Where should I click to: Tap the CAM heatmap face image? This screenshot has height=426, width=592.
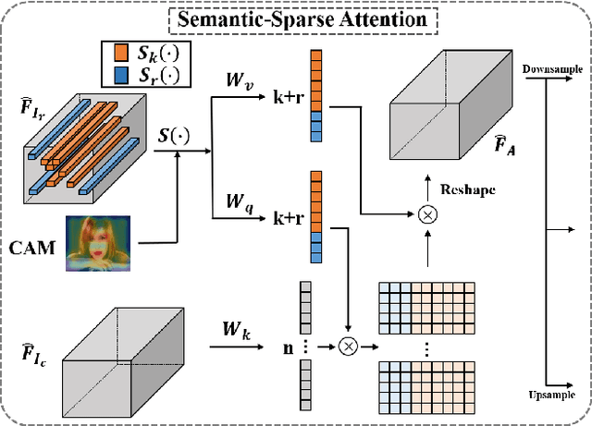98,242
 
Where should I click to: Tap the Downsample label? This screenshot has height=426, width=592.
551,70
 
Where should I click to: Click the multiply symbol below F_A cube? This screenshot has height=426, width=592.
426,214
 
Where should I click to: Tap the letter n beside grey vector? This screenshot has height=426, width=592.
288,347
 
